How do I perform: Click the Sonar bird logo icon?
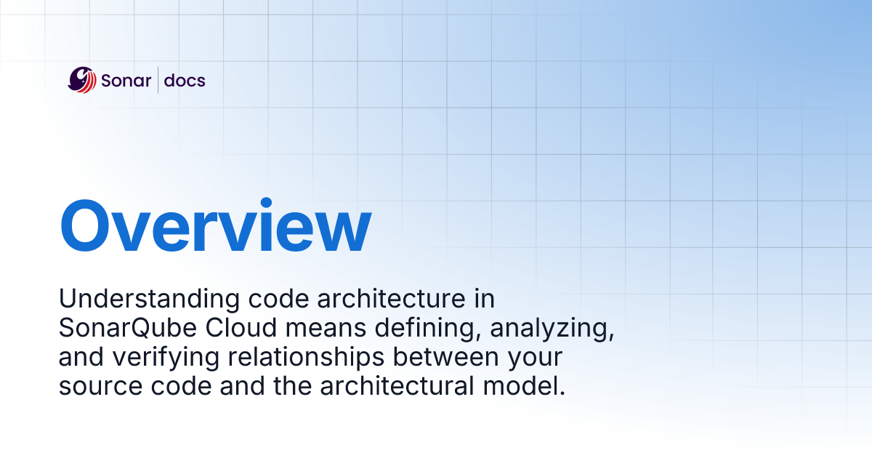[x=82, y=80]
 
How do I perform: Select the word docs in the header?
[x=185, y=80]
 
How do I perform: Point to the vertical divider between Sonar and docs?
[x=158, y=80]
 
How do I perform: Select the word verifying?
[x=150, y=358]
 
